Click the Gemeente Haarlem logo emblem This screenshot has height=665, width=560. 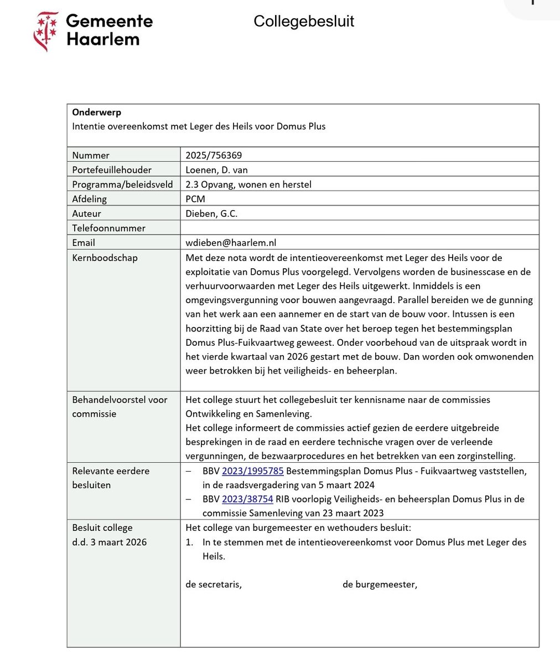pos(46,31)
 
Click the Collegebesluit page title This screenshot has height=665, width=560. pos(304,21)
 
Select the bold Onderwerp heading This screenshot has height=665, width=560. pos(96,112)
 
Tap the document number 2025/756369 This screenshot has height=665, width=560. pos(214,155)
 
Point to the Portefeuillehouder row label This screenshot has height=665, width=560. pos(112,170)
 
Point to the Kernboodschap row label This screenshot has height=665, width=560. pos(105,258)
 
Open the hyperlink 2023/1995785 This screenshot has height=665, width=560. pos(252,471)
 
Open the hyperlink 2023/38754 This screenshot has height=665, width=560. pos(247,499)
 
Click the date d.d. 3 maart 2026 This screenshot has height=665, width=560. pos(110,542)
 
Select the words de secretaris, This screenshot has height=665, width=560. pos(214,584)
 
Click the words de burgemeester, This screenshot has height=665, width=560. pos(380,584)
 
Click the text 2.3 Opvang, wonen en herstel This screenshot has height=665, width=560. pos(248,184)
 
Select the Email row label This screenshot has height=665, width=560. pos(84,243)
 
